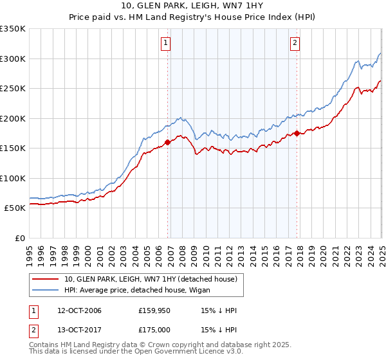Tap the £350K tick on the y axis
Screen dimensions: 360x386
pos(12,29)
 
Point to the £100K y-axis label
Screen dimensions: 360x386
pos(12,178)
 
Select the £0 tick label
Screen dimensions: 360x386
pos(19,238)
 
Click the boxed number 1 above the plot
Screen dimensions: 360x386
pos(166,43)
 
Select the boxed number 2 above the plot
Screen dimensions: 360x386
pos(295,43)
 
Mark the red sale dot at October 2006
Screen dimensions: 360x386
pos(168,143)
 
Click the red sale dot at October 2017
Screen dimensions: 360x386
pos(297,133)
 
